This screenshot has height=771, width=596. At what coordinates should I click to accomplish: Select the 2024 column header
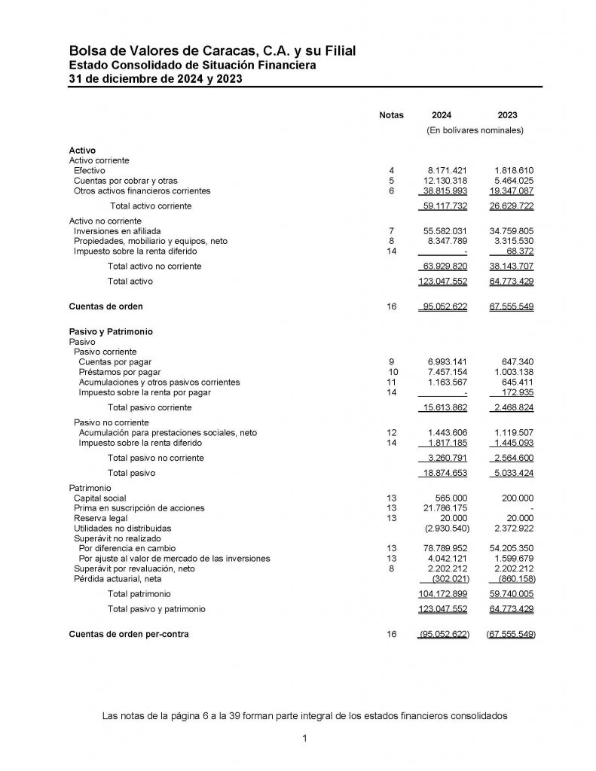pos(442,115)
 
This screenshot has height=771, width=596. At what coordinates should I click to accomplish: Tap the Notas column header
pos(391,115)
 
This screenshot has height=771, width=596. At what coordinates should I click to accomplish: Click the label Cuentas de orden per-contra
pos(129,635)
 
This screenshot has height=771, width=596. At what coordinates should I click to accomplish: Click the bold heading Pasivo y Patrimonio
pos(112,331)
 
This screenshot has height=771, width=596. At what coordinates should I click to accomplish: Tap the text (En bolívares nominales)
pos(475,130)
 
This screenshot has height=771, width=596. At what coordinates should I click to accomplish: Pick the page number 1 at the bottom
pos(304,739)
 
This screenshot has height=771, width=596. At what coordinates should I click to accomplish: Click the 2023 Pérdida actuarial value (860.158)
pos(512,579)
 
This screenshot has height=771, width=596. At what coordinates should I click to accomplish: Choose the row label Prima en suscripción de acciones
pos(139,509)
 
